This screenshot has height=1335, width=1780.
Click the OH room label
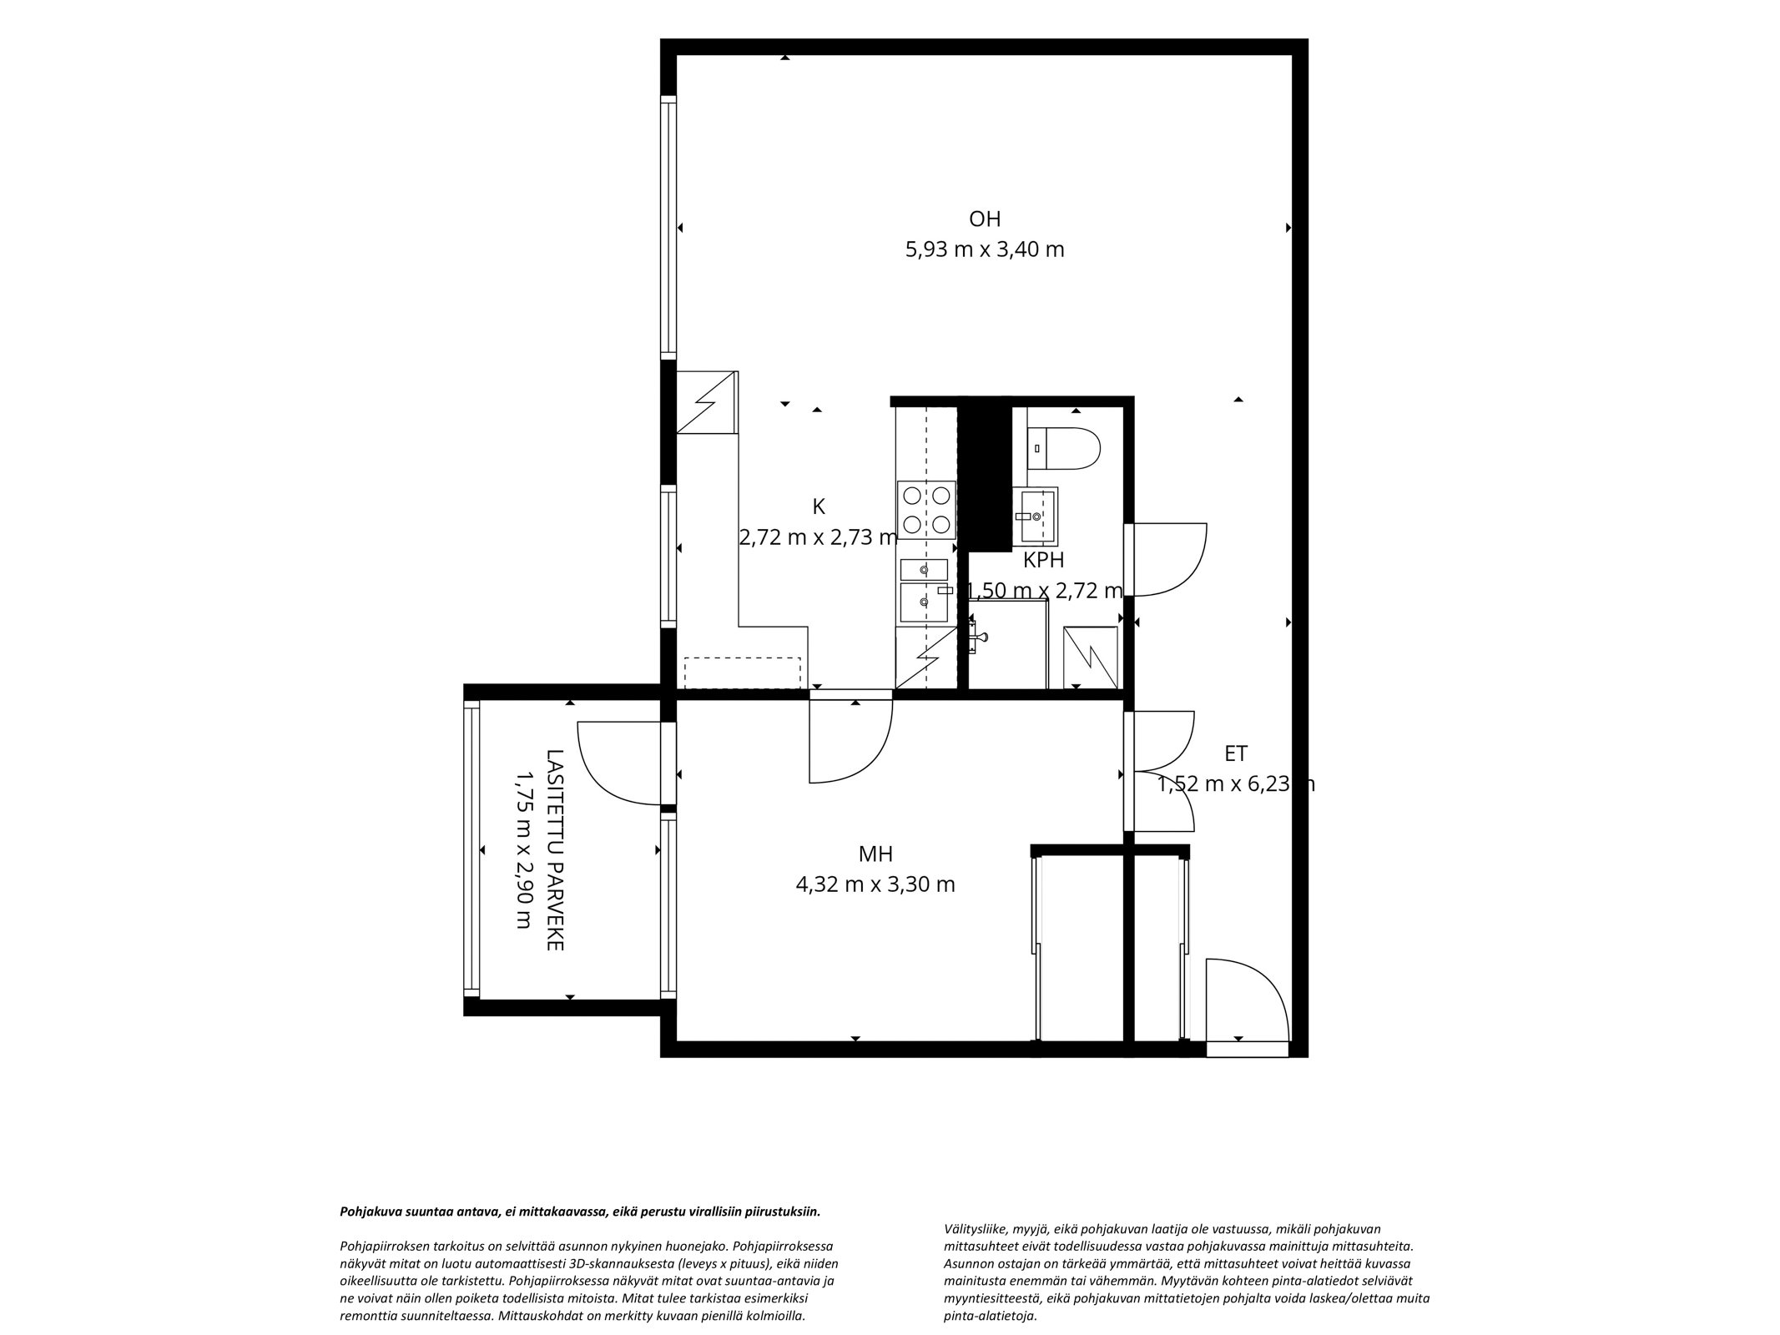(984, 219)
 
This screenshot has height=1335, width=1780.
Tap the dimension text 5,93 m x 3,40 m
(985, 249)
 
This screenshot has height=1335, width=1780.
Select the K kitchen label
(819, 506)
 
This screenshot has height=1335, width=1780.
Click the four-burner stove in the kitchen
(926, 510)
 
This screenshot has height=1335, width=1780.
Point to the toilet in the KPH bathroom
(1064, 449)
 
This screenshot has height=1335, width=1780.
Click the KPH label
(1043, 561)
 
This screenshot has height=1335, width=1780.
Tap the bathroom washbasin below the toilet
(1035, 516)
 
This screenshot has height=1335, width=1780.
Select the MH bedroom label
(875, 854)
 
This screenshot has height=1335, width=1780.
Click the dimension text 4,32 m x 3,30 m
(875, 884)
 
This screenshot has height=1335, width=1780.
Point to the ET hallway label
(1236, 753)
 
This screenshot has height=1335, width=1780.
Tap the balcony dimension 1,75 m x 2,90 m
(524, 849)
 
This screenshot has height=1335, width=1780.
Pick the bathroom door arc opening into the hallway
(1184, 576)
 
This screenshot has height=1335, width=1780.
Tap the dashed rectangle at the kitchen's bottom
(743, 673)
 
